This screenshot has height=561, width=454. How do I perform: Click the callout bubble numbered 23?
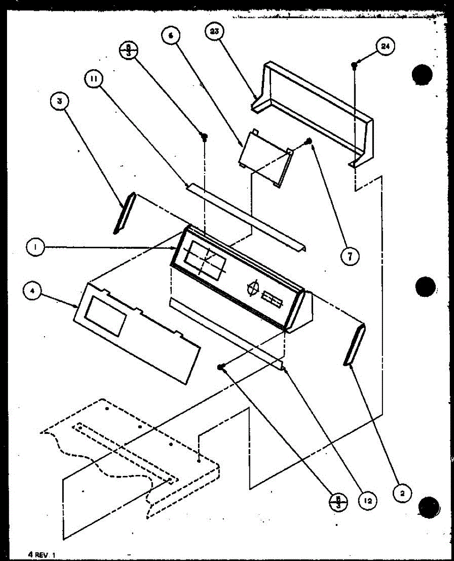pos(215,33)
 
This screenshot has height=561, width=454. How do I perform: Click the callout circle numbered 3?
pos(59,101)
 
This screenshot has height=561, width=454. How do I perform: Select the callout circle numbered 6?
pos(171,36)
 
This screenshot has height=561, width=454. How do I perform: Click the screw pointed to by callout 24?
pos(354,67)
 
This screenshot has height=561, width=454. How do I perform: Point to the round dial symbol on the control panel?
pos(253,288)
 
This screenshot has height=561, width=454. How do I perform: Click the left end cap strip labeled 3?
pos(124,213)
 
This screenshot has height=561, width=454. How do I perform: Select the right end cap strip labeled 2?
pos(354,345)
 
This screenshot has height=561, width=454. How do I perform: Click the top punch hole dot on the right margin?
pos(423,76)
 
